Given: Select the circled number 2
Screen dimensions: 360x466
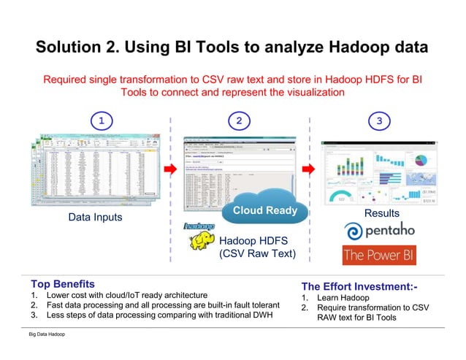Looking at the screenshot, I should click(237, 120).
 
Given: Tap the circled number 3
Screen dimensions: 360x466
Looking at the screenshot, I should click(378, 120).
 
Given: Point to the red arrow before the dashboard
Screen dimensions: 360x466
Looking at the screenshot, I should click(309, 169).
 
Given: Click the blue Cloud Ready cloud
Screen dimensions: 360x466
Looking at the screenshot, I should click(264, 210).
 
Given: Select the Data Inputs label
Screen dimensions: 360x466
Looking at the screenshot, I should click(95, 218).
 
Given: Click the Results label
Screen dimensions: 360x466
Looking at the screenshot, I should click(381, 213).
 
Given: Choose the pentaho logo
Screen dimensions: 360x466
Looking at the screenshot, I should click(379, 231).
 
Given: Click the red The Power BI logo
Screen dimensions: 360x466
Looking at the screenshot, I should click(379, 256).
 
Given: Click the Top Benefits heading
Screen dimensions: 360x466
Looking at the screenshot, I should click(62, 283).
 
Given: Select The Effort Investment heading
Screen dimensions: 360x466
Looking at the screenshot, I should click(359, 286).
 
